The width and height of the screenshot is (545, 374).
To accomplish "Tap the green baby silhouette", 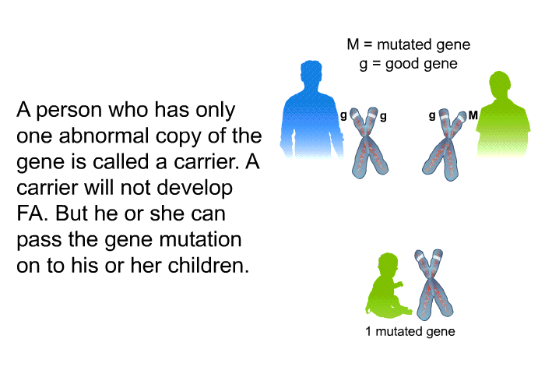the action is [387, 285].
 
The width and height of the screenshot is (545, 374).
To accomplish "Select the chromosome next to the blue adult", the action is [368, 143].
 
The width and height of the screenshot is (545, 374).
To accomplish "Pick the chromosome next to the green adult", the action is [444, 144].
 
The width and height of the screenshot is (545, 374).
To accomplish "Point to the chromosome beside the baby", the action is [433, 283].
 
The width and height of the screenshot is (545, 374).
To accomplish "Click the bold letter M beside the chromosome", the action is [473, 115].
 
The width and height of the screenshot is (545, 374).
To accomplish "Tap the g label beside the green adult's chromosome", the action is [432, 115].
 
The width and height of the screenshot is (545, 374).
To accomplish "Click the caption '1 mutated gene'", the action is [410, 331].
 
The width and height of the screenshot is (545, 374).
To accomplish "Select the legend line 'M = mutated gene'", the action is [409, 44].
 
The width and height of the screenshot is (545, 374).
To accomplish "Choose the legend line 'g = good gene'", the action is [409, 65].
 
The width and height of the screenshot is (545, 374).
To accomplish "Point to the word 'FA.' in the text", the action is [32, 213].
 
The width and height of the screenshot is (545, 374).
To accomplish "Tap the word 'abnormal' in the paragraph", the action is [104, 136].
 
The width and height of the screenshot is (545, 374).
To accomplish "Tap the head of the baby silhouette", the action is [388, 264].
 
